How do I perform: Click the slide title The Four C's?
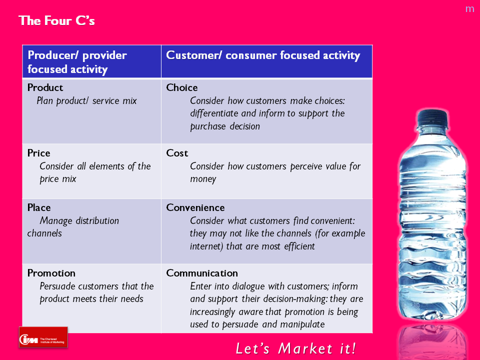[x=56, y=21]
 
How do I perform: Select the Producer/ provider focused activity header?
[x=77, y=62]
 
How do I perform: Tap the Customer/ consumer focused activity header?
[x=263, y=55]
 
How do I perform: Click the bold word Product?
[x=45, y=88]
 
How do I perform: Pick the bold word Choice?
[x=182, y=88]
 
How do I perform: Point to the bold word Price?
[x=38, y=153]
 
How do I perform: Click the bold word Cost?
[x=177, y=153]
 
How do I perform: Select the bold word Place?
[x=39, y=207]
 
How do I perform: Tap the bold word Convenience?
[x=195, y=207]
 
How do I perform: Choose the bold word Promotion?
[x=51, y=273]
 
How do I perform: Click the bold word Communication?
[x=202, y=273]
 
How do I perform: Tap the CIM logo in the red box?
[x=43, y=337]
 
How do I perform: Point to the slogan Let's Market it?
[x=295, y=348]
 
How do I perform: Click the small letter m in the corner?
[x=469, y=9]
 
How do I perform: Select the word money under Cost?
[x=203, y=179]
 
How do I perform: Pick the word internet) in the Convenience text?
[x=206, y=246]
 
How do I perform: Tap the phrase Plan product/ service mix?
[x=86, y=101]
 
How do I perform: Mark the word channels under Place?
[x=44, y=233]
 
